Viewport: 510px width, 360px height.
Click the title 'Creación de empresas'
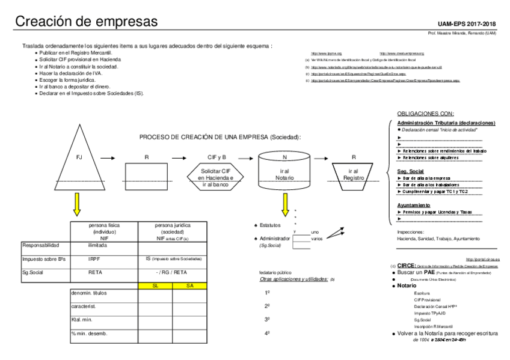[x=87, y=22]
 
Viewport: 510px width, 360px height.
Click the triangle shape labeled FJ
[x=79, y=160]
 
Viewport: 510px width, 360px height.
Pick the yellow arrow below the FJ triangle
[x=78, y=205]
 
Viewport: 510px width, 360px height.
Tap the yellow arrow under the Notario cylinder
[x=284, y=205]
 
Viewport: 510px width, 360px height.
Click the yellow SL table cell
[x=155, y=286]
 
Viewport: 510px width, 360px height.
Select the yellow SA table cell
[x=190, y=286]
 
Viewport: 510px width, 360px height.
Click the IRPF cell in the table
[x=95, y=259]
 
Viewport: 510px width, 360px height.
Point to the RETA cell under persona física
[x=95, y=273]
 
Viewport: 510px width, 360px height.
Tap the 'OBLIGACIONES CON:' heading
[x=425, y=114]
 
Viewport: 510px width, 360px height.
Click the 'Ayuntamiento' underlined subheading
[x=414, y=205]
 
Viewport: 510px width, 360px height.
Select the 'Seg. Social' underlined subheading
[x=411, y=171]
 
